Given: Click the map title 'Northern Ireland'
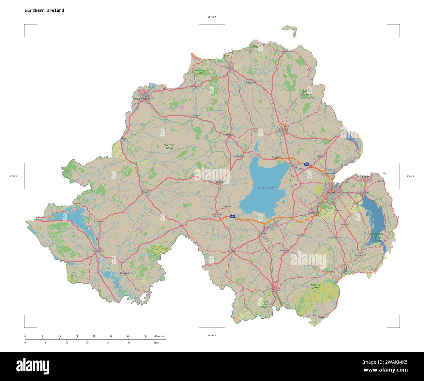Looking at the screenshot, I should (44, 10).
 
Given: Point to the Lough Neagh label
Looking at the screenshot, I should (266, 188).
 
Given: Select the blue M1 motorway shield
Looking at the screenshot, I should (233, 217).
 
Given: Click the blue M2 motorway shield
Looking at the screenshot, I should (307, 164).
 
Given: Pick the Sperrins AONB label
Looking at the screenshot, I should (169, 147).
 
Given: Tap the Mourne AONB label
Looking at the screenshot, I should (315, 286).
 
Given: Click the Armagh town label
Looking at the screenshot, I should (232, 251).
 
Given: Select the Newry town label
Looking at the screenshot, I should (276, 291).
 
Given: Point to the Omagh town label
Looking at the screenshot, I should (144, 192).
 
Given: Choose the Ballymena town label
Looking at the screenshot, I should (283, 130).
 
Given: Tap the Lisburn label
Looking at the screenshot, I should (314, 213).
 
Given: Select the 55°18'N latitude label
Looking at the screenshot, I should (212, 17).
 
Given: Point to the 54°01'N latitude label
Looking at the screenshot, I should (212, 335).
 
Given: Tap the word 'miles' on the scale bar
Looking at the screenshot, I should (157, 343).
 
